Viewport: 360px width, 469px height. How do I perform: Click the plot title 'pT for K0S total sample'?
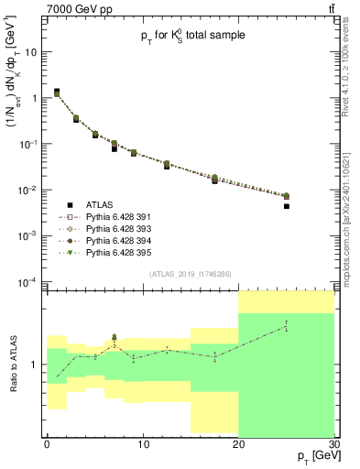[191, 36]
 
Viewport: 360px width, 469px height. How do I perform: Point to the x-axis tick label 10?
[142, 443]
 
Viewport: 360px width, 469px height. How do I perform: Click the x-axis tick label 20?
[238, 443]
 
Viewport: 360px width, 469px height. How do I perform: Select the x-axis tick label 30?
[333, 443]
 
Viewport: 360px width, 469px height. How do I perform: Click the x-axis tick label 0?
[47, 443]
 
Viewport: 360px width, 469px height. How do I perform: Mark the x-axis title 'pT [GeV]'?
[310, 456]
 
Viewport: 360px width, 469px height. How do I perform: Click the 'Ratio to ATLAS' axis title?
[12, 363]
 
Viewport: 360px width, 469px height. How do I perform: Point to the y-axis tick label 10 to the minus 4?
[28, 281]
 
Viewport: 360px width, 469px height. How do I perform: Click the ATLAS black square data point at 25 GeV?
[286, 206]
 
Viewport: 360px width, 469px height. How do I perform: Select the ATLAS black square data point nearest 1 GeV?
[56, 92]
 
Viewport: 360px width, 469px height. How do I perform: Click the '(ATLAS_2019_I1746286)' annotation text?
[191, 273]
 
